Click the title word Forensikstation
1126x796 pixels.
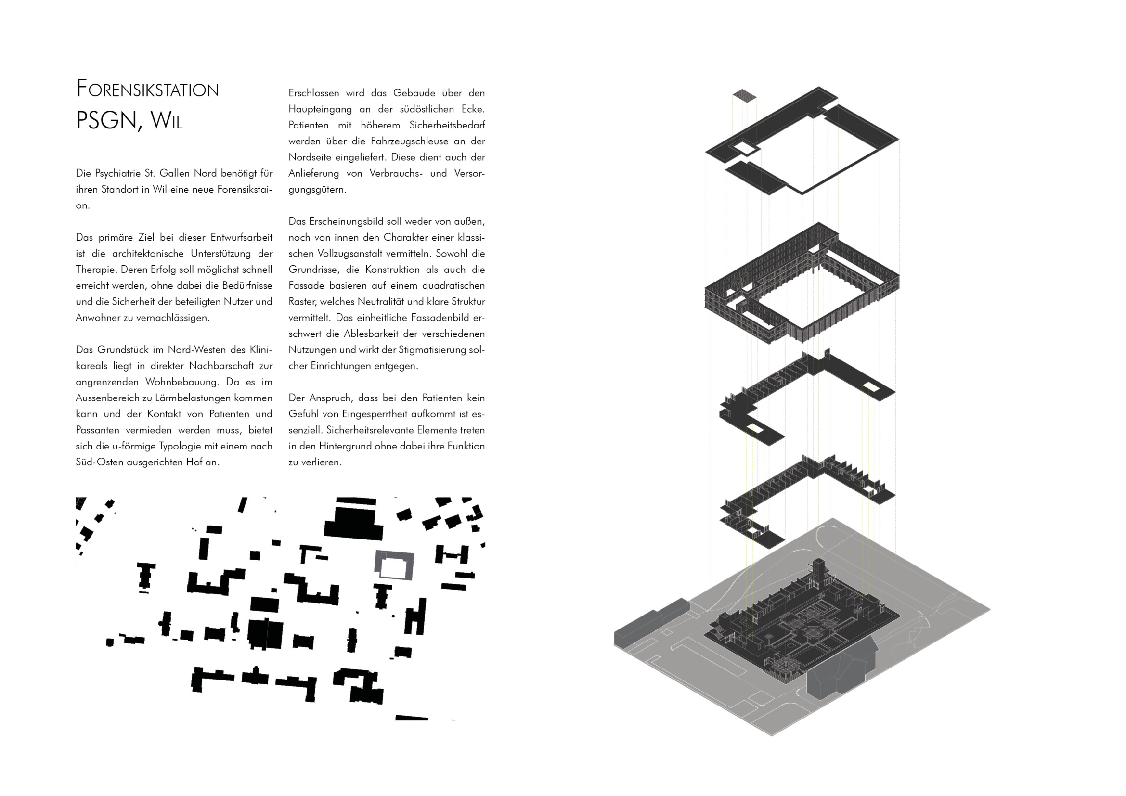[148, 89]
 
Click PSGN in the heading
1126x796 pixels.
[106, 120]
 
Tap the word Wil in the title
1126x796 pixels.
[166, 120]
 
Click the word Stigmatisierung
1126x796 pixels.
[434, 350]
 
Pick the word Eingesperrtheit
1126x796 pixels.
[375, 415]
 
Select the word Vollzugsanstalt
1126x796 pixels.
[351, 254]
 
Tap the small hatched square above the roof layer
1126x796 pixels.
[744, 95]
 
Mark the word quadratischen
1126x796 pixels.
[453, 286]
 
